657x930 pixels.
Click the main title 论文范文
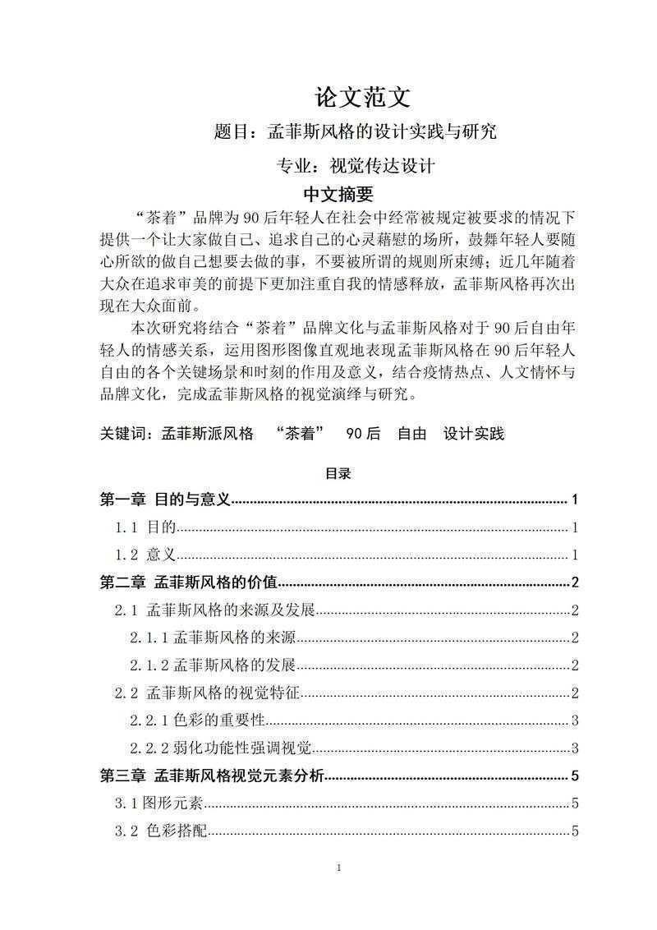tap(361, 98)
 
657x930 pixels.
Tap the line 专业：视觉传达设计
tap(355, 165)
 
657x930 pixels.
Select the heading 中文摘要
tap(338, 195)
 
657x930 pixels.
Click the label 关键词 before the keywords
tap(124, 434)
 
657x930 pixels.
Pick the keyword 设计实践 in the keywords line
tap(474, 434)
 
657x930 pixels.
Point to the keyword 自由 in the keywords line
tap(411, 434)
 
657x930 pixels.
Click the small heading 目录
tap(338, 473)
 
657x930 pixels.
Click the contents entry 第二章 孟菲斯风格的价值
tap(189, 582)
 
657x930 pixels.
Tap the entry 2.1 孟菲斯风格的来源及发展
tap(214, 610)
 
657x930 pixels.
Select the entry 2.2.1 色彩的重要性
tap(197, 721)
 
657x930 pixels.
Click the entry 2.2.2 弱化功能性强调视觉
tap(221, 748)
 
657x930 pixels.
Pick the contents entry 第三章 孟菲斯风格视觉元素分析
tap(212, 776)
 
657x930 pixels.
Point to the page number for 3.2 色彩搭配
tap(576, 831)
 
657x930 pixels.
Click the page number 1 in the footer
tap(338, 868)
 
